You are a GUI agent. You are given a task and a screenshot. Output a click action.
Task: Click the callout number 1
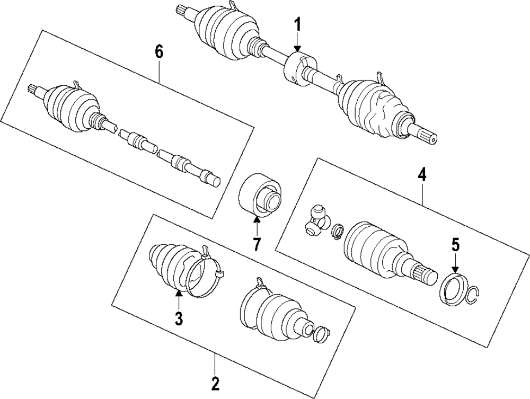(x=298, y=24)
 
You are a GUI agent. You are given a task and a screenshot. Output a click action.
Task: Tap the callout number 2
(x=215, y=382)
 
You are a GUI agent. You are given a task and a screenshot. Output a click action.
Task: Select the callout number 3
(x=179, y=318)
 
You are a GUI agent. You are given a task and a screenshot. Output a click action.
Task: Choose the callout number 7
(x=257, y=244)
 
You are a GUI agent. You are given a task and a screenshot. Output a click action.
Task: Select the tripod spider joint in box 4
(x=316, y=219)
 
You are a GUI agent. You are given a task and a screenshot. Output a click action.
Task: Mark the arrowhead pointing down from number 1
(x=298, y=49)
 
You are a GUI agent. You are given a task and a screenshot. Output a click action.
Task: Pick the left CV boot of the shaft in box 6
(x=69, y=105)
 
